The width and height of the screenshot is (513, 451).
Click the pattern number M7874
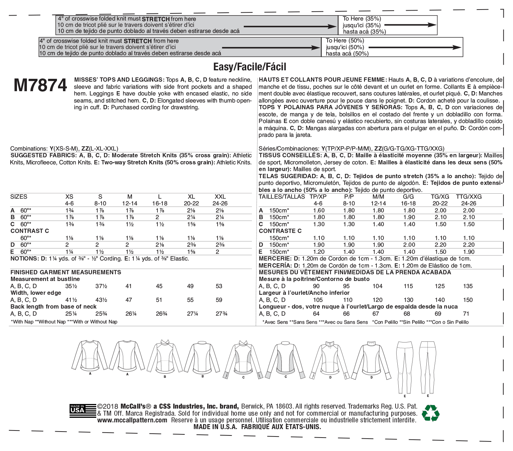40,86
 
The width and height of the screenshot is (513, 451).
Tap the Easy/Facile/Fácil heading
250,67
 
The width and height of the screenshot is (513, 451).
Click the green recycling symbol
431,413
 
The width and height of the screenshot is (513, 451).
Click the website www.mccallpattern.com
132,420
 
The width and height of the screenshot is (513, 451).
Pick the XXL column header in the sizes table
220,197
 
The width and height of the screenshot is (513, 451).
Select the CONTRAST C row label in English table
30,231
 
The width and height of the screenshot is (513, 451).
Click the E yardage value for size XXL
217,252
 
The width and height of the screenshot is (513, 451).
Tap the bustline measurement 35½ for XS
71,286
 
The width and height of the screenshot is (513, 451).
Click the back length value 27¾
221,314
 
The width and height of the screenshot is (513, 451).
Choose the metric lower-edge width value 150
468,300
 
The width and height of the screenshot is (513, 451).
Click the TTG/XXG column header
468,197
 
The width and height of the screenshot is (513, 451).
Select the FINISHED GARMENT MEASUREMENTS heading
66,272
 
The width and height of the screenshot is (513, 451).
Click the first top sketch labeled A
90,355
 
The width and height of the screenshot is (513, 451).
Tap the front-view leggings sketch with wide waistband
405,366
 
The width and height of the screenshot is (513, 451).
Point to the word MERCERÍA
275,265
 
